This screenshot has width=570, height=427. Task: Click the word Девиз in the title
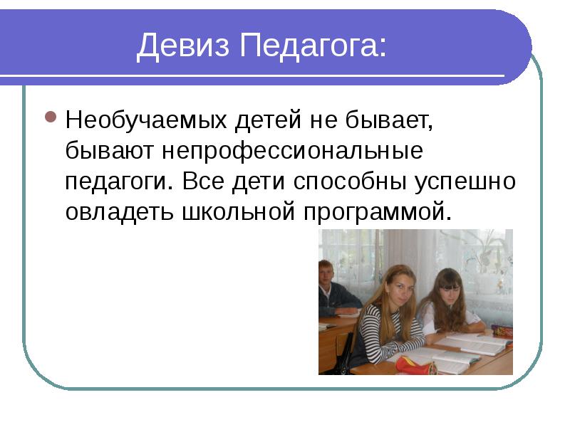point(183,46)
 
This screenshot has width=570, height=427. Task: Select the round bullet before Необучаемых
point(51,117)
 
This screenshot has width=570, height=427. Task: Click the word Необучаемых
point(146,120)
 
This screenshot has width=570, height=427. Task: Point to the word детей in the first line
point(269,120)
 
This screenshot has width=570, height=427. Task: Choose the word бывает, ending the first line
point(389,120)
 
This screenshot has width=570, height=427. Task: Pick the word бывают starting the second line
point(110,150)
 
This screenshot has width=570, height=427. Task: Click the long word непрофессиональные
point(292,152)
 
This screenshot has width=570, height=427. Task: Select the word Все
point(203,181)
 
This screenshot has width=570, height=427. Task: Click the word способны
point(350,181)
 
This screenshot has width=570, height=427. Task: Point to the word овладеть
point(119,212)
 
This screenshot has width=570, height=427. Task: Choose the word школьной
point(238,211)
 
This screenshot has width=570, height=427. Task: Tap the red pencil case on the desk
point(415,366)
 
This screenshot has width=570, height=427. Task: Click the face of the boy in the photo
point(327,273)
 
